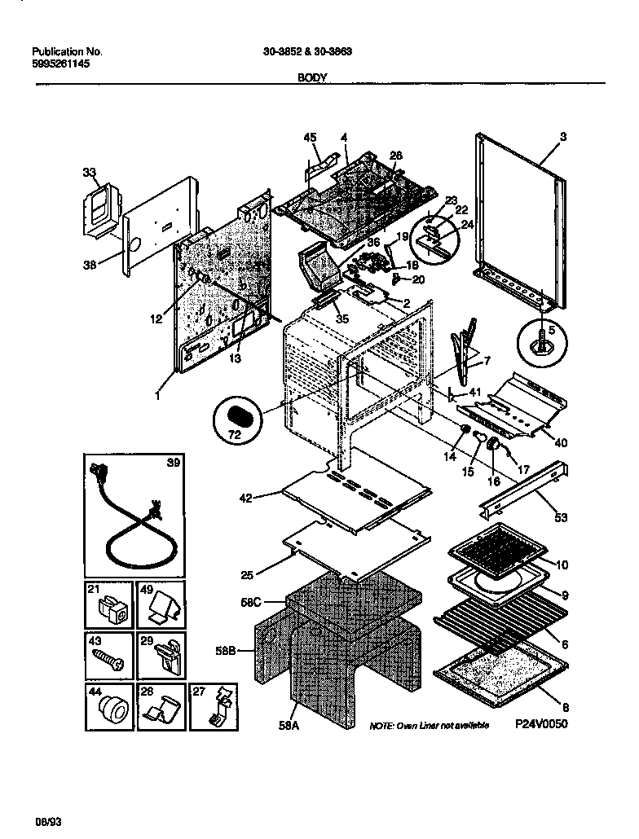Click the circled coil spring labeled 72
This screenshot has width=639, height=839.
pos(237,418)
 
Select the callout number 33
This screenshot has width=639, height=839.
pos(89,172)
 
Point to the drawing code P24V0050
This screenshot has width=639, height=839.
pos(540,723)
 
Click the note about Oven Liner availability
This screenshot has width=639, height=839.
pos(429,725)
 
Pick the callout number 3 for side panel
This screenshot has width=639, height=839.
pos(562,136)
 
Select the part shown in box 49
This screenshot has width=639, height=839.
pos(163,607)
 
